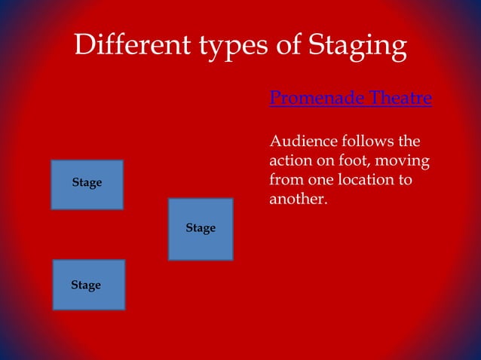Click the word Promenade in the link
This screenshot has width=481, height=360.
[313, 99]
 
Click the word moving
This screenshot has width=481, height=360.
[403, 161]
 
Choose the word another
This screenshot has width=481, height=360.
[298, 200]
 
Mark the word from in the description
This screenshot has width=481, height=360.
[286, 181]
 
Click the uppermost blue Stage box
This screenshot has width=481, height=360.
[87, 184]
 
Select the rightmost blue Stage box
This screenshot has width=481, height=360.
[201, 229]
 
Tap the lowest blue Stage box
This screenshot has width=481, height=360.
[88, 285]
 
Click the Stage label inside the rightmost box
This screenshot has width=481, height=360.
[201, 227]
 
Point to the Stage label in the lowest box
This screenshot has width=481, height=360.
[86, 285]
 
